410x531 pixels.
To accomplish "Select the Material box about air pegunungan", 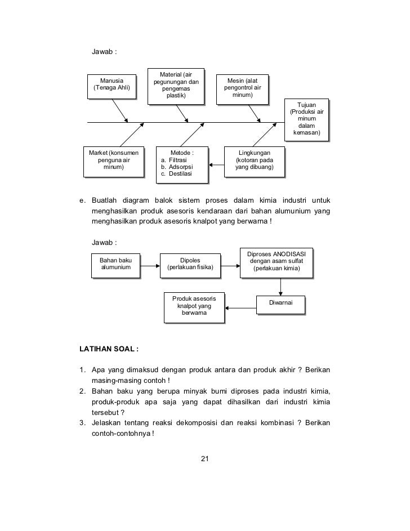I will (x=175, y=86).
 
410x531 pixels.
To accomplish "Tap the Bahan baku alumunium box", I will (x=115, y=264).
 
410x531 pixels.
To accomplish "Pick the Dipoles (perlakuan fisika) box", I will (x=189, y=264).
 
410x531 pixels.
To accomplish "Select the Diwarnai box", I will (x=280, y=303).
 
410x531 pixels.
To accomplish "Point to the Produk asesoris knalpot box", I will (x=193, y=307).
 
